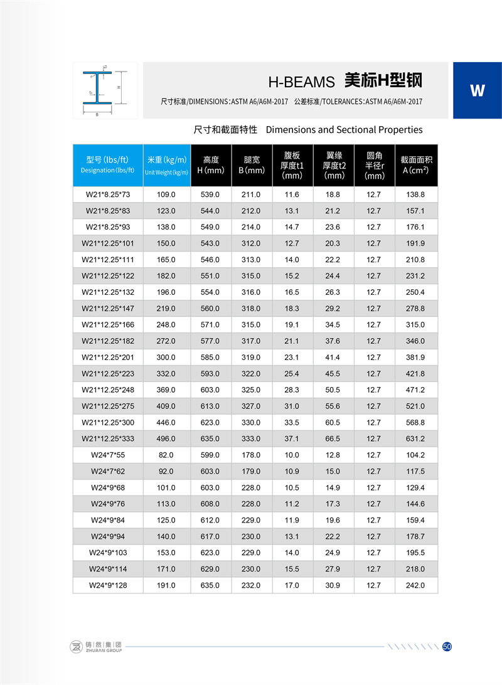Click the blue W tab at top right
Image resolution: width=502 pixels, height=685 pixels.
pyautogui.click(x=477, y=90)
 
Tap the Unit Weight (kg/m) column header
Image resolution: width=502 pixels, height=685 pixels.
pyautogui.click(x=166, y=164)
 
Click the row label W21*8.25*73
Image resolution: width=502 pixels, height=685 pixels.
pyautogui.click(x=107, y=194)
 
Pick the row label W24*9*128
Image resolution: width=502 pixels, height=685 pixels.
pyautogui.click(x=107, y=585)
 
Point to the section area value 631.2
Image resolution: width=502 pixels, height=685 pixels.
pyautogui.click(x=415, y=438)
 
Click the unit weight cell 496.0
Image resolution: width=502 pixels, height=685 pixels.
pyautogui.click(x=166, y=438)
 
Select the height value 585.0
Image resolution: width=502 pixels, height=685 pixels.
pyautogui.click(x=210, y=357)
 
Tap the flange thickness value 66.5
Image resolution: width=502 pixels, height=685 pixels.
pyautogui.click(x=333, y=438)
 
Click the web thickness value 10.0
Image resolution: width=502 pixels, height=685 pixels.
pyautogui.click(x=292, y=455)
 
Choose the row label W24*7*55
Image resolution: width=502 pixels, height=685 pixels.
pyautogui.click(x=107, y=455)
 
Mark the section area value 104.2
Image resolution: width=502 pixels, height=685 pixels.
pyautogui.click(x=415, y=455)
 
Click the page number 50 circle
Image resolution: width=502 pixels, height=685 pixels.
pyautogui.click(x=447, y=647)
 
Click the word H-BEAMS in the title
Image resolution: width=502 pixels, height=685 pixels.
pyautogui.click(x=302, y=82)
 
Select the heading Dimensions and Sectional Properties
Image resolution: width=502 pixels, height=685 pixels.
pyautogui.click(x=344, y=130)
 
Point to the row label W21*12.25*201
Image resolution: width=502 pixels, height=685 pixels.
pyautogui.click(x=107, y=357)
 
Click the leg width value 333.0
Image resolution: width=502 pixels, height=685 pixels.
pyautogui.click(x=251, y=438)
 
